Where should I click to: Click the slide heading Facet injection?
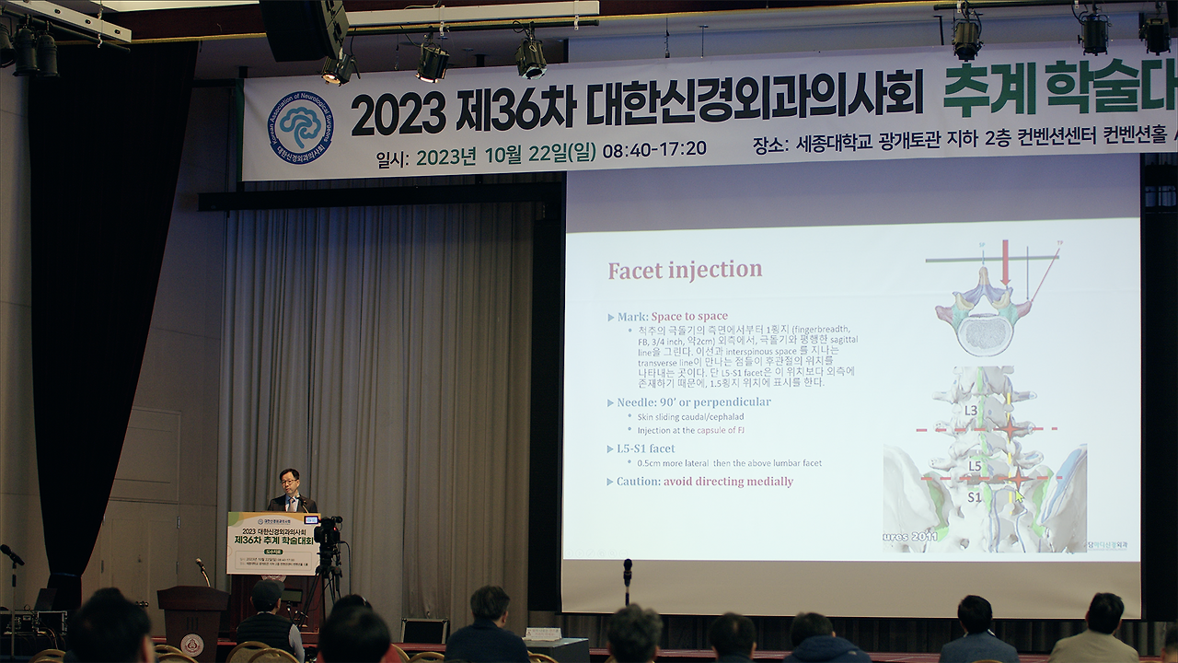685,270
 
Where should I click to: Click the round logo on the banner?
301,127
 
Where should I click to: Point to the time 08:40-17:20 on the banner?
654,149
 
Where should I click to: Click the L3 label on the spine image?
971,410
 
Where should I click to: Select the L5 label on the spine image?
975,467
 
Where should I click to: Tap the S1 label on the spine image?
973,497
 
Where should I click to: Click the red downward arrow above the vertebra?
1005,262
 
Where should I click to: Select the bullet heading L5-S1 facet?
645,448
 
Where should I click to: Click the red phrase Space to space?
689,317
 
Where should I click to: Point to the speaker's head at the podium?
290,480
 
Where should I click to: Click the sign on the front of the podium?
272,543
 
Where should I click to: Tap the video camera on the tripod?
328,531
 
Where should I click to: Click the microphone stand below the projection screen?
628,584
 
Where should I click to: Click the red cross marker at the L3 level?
1011,429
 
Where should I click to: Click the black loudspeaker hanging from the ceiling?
303,29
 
